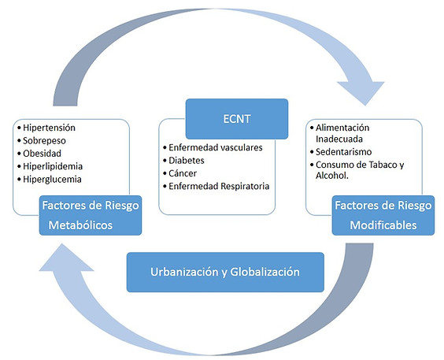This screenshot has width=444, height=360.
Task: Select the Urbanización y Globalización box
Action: tap(225, 272)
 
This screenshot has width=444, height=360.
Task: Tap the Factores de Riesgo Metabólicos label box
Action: tap(91, 215)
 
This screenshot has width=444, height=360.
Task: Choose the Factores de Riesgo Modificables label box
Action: tap(383, 215)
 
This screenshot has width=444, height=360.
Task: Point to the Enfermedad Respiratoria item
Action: tap(217, 186)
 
